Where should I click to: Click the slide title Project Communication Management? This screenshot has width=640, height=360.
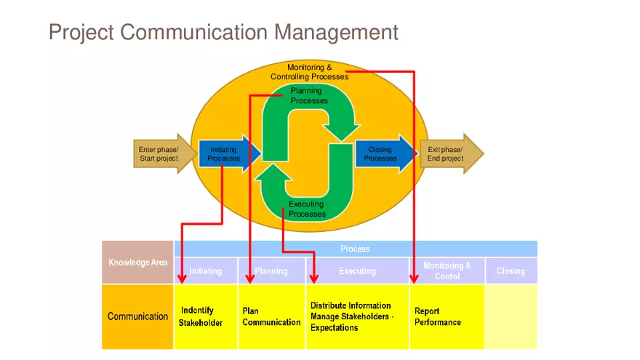tap(223, 33)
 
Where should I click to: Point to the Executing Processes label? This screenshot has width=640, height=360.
tap(307, 209)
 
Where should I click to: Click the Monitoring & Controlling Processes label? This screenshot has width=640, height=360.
tap(310, 72)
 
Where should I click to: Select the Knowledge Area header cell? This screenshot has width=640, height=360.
tap(137, 263)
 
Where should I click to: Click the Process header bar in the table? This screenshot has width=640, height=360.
tap(355, 249)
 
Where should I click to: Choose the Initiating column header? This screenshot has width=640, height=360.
tap(206, 271)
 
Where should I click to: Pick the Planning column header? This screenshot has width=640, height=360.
tap(271, 271)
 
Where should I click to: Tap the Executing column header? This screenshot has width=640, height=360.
tap(357, 271)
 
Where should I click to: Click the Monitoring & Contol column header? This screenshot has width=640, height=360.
tap(447, 271)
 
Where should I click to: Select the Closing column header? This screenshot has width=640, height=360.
tap(511, 271)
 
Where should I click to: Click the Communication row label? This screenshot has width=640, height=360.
tap(137, 316)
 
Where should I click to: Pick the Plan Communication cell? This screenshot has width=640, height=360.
tap(271, 316)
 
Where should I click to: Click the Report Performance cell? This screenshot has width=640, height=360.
tap(445, 316)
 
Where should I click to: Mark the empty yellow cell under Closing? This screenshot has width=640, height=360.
tap(511, 316)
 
